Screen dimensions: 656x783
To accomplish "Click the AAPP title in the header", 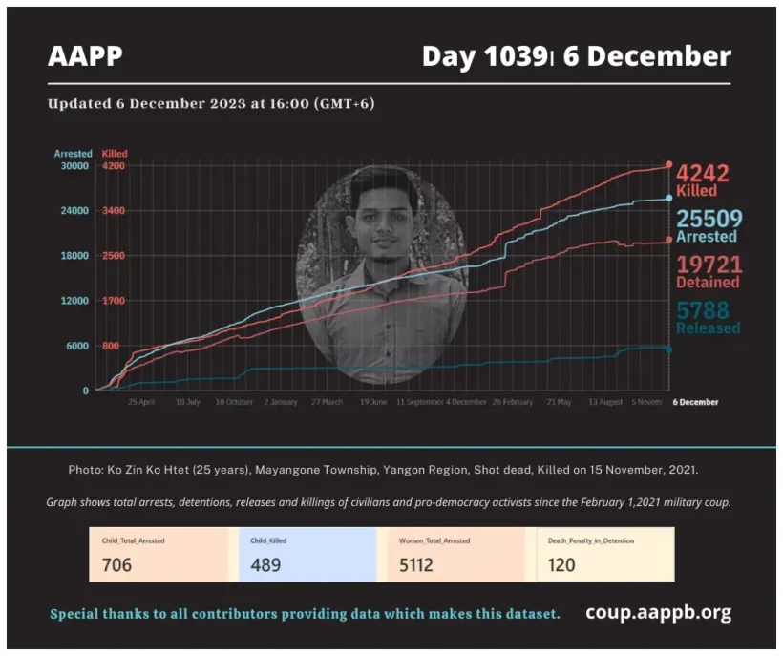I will tap(85, 56).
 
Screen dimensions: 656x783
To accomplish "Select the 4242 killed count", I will tap(703, 174).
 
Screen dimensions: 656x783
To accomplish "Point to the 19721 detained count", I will tap(708, 265).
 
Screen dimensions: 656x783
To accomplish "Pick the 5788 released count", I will tap(703, 310).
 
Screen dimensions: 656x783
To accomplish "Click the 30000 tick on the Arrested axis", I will tap(74, 166).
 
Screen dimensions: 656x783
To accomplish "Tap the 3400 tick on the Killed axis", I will tap(114, 211).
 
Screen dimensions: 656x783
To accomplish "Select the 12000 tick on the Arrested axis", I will tap(74, 301).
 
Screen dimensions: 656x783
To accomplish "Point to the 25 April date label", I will tap(141, 402).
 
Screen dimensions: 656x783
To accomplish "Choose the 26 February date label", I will tap(513, 402).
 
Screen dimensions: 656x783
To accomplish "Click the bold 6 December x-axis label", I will tap(695, 402).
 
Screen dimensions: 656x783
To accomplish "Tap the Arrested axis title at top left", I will tap(73, 154).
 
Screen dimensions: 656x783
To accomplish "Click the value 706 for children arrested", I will tap(116, 564).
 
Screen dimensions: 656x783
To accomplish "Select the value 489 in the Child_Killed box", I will tap(265, 564).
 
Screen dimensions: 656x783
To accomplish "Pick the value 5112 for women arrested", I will tap(416, 564).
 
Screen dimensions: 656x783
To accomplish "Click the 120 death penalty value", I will tap(561, 564).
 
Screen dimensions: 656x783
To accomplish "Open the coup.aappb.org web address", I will tap(658, 613).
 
